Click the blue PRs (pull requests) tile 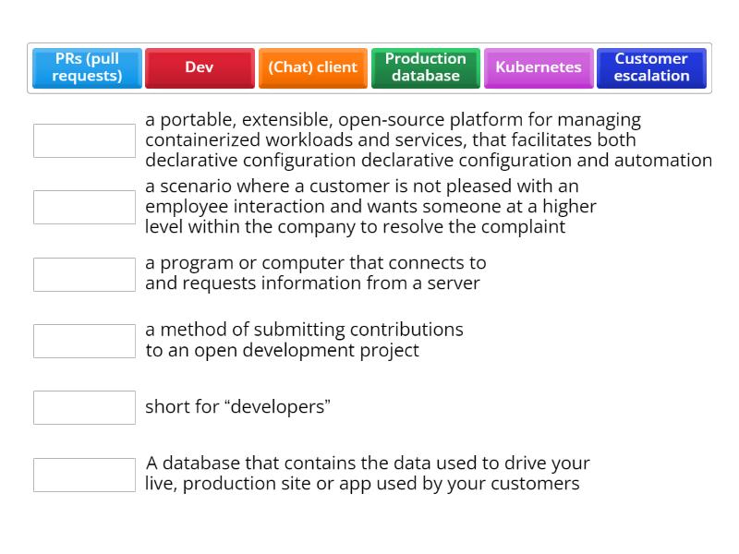point(87,67)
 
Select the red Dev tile point(200,67)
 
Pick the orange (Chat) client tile point(313,67)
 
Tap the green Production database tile point(426,67)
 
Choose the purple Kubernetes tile point(539,67)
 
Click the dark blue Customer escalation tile point(651,67)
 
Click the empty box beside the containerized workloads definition point(84,141)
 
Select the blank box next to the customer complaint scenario point(84,207)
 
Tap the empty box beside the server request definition point(84,274)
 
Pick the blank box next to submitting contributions point(84,341)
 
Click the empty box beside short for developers point(84,407)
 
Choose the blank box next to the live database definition point(84,475)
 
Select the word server point(454,283)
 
